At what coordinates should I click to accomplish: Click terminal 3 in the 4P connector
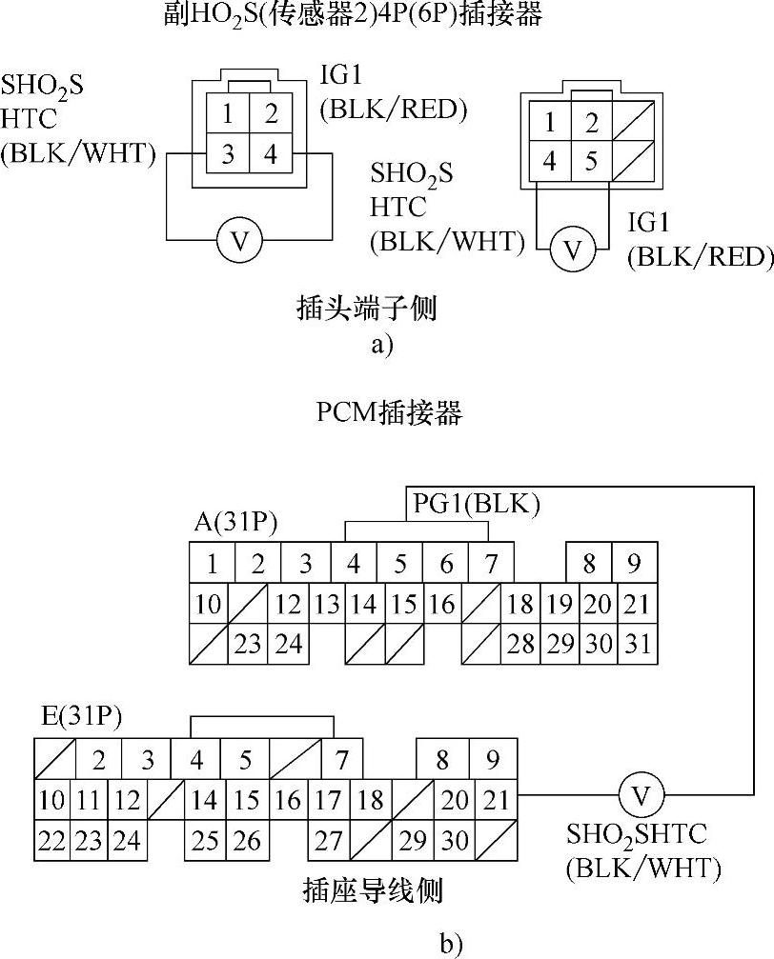[228, 153]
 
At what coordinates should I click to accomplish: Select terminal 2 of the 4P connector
[271, 115]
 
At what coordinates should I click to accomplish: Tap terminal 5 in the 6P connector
[591, 161]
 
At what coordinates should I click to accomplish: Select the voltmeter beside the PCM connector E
[641, 796]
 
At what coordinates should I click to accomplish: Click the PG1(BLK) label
[476, 503]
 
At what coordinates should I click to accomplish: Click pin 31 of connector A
[635, 644]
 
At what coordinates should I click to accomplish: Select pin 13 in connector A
[328, 604]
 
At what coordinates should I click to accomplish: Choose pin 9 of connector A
[634, 564]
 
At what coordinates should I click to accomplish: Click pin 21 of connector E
[497, 799]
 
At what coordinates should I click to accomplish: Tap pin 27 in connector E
[329, 841]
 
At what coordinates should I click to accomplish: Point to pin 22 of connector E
[53, 841]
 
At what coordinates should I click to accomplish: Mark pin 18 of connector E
[371, 799]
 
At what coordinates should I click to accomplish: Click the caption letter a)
[381, 344]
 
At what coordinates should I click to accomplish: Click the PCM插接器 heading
[389, 412]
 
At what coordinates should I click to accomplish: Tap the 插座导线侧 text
[372, 890]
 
